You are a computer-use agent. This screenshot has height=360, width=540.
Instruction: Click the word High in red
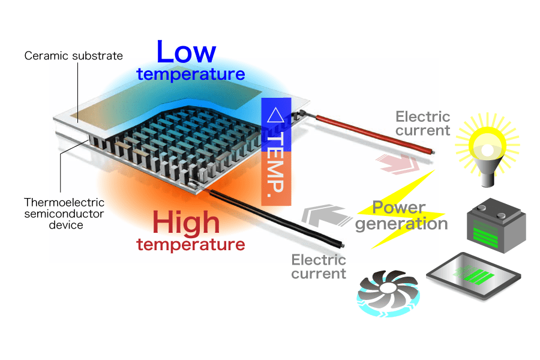pos(186,223)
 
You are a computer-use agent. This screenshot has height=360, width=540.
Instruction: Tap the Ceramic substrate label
pos(73,56)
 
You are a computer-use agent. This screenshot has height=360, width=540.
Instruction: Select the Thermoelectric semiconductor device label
pos(64,214)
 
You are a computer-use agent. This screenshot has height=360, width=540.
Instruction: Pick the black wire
pos(276,219)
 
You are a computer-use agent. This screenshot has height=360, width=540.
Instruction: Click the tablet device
pos(474,277)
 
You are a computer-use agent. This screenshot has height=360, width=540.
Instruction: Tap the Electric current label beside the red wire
pos(423,124)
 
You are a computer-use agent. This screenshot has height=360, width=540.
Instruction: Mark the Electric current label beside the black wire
pos(319,267)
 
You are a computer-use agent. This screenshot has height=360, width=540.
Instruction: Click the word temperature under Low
pos(191,74)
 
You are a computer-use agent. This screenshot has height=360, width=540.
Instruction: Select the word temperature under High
pos(191,245)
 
